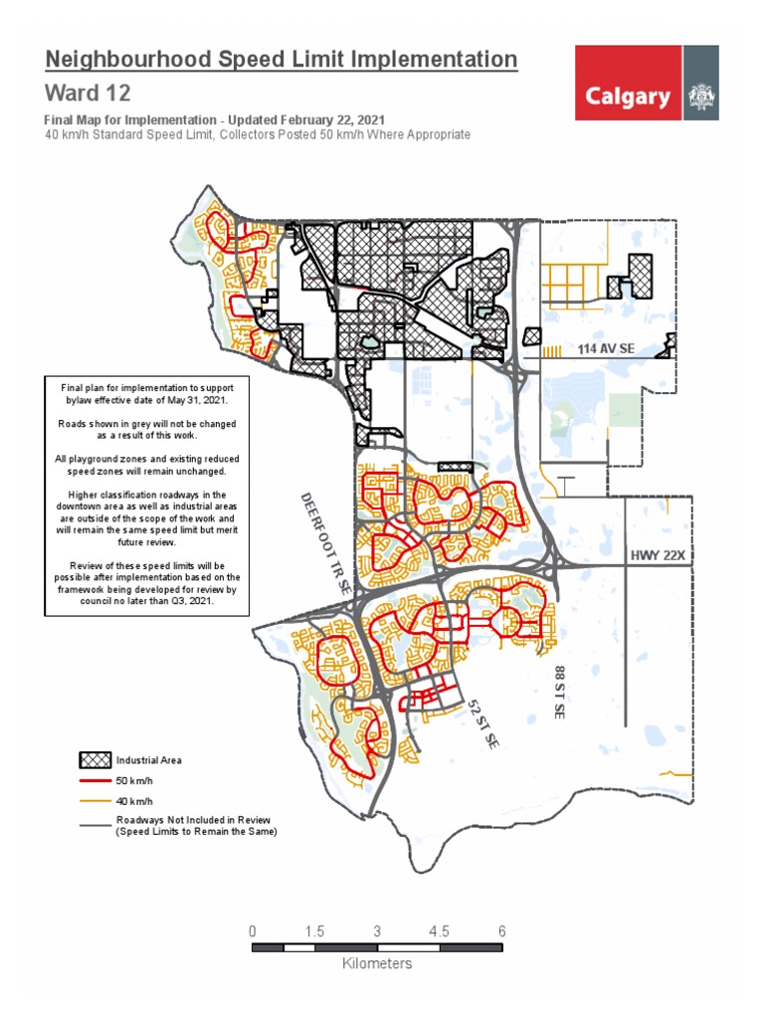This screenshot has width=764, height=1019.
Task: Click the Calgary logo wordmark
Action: pyautogui.click(x=628, y=97)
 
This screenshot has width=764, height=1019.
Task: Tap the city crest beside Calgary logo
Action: pyautogui.click(x=701, y=98)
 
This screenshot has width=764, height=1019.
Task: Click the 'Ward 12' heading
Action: pyautogui.click(x=88, y=94)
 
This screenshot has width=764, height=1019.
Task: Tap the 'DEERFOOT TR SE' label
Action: pyautogui.click(x=325, y=543)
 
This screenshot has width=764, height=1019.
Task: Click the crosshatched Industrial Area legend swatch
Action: pyautogui.click(x=95, y=759)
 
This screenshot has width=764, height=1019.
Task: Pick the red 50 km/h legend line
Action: pyautogui.click(x=95, y=781)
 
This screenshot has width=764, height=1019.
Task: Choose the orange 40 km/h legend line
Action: pyautogui.click(x=95, y=800)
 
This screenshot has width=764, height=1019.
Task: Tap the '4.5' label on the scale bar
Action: pyautogui.click(x=440, y=931)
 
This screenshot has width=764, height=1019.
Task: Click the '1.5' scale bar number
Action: pyautogui.click(x=315, y=931)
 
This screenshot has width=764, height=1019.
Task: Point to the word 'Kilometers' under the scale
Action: pyautogui.click(x=377, y=963)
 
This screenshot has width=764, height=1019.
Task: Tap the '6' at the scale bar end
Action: pyautogui.click(x=502, y=931)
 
